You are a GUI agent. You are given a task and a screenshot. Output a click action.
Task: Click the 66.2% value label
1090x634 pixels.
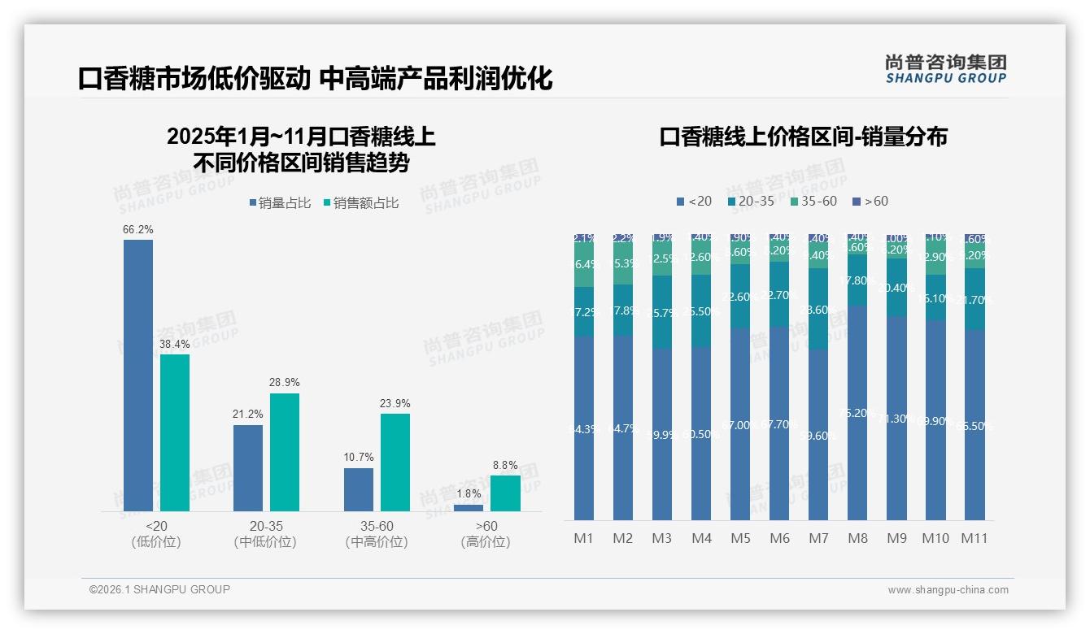pos(138,230)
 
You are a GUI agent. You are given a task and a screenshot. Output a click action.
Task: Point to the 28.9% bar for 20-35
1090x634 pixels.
pos(285,452)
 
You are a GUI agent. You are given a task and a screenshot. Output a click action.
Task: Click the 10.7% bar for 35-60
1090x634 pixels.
pos(359,489)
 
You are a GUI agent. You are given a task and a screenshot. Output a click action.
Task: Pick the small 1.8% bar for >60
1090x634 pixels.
pos(469,508)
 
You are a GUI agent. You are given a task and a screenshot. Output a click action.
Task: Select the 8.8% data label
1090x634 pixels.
pos(505,466)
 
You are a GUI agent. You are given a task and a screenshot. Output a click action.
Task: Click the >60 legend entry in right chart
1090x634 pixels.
pos(870,201)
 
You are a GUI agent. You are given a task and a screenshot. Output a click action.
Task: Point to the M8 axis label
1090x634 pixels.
pos(857,538)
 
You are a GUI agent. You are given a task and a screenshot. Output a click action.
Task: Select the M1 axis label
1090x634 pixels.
pos(584,538)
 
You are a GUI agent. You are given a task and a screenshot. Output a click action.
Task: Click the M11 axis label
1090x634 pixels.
pos(974,538)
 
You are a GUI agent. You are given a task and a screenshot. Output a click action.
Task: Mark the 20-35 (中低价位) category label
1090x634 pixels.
pos(265,534)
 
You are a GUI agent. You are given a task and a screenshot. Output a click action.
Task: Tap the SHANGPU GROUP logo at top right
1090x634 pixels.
pos(945,68)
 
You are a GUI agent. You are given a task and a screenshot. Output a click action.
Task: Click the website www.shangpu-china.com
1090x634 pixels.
pos(948,590)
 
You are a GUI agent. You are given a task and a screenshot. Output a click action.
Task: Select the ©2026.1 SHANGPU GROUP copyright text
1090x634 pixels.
pos(159,589)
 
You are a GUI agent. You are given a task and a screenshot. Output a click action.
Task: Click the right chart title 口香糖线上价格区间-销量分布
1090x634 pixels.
pos(803,137)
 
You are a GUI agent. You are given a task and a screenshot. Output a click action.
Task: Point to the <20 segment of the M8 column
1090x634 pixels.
pos(857,413)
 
